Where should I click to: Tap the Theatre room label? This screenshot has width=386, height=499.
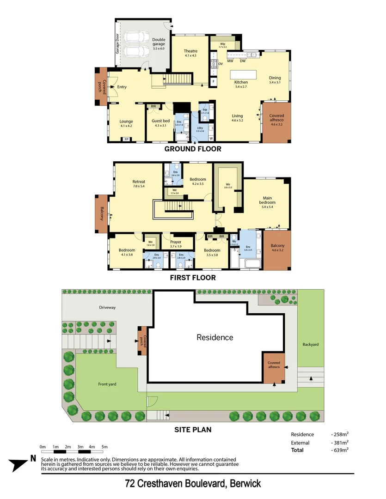click(190, 53)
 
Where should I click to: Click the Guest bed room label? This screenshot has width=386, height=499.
click(160, 123)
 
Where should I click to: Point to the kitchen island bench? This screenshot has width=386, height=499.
click(244, 74)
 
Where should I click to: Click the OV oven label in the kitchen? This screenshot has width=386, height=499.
click(221, 64)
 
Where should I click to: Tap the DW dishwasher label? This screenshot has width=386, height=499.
click(243, 61)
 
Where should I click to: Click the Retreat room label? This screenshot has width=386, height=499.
click(139, 184)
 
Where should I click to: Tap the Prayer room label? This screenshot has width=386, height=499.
click(175, 244)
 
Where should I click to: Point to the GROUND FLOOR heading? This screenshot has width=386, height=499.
click(193, 149)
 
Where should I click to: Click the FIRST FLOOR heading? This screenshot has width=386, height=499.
click(193, 278)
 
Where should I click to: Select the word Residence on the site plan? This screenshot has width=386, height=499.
click(215, 337)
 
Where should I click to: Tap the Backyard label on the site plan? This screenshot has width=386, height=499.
click(311, 345)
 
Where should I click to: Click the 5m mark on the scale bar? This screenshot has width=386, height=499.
click(104, 447)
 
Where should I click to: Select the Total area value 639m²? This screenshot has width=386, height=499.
click(340, 450)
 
